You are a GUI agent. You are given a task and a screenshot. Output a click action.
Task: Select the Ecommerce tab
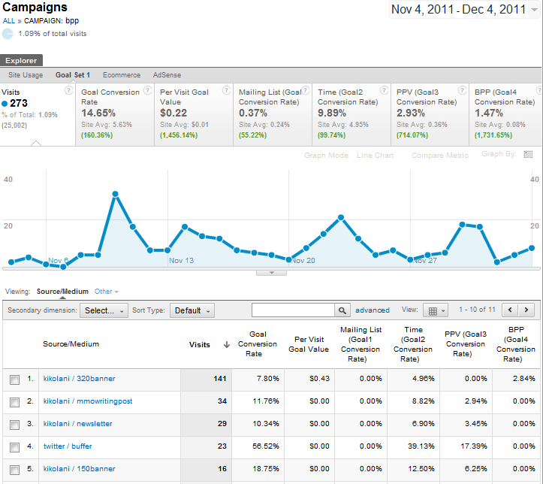pyautogui.click(x=122, y=75)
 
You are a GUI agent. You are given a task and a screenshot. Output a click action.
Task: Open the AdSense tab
pyautogui.click(x=167, y=75)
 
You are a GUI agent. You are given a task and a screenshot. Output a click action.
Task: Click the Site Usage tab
pyautogui.click(x=26, y=75)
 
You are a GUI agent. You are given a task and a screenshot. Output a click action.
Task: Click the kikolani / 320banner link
pyautogui.click(x=79, y=379)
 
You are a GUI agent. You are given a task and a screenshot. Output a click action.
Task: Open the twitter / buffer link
pyautogui.click(x=68, y=446)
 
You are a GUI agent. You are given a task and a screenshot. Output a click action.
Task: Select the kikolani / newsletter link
pyautogui.click(x=77, y=424)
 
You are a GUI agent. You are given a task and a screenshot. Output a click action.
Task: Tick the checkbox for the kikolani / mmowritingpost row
pyautogui.click(x=15, y=401)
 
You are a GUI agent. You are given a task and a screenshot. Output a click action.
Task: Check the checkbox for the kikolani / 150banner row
pyautogui.click(x=15, y=469)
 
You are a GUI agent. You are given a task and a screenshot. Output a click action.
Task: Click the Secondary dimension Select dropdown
pyautogui.click(x=104, y=310)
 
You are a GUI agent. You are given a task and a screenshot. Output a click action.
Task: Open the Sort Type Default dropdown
pyautogui.click(x=192, y=310)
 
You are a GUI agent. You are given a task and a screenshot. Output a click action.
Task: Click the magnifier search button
pyautogui.click(x=342, y=310)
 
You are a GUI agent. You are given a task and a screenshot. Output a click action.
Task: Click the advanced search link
pyautogui.click(x=373, y=310)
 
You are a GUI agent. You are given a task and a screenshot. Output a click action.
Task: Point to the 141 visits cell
pyautogui.click(x=219, y=379)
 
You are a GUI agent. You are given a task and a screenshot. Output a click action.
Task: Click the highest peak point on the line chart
pyautogui.click(x=116, y=194)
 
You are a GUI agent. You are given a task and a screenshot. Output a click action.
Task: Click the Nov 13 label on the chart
pyautogui.click(x=181, y=261)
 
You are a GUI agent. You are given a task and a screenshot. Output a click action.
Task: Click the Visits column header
pyautogui.click(x=200, y=345)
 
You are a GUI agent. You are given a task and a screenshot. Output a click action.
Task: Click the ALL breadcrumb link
pyautogui.click(x=8, y=21)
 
